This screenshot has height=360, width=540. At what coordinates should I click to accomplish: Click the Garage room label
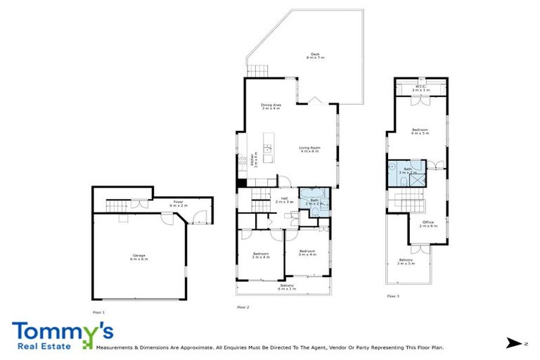click(x=139, y=257)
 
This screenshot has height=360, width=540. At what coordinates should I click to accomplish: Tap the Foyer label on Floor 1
click(x=179, y=203)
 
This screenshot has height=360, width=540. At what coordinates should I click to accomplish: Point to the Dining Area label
click(x=271, y=107)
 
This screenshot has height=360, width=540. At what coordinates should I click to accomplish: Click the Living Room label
click(x=309, y=149)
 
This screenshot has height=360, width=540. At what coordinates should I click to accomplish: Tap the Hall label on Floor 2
click(x=285, y=200)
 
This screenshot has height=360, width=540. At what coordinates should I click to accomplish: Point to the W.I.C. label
click(x=420, y=89)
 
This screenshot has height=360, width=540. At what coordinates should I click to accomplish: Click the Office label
click(x=428, y=224)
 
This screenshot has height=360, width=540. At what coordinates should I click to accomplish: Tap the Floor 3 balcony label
click(x=406, y=262)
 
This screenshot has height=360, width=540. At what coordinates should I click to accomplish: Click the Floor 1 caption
click(x=98, y=311)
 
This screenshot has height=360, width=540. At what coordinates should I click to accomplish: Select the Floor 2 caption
click(x=244, y=307)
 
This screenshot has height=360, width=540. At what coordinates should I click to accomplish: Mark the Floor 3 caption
click(x=393, y=297)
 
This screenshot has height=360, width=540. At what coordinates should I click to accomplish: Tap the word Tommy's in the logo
click(x=62, y=331)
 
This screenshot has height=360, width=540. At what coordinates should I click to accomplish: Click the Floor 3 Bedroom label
click(x=420, y=131)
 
